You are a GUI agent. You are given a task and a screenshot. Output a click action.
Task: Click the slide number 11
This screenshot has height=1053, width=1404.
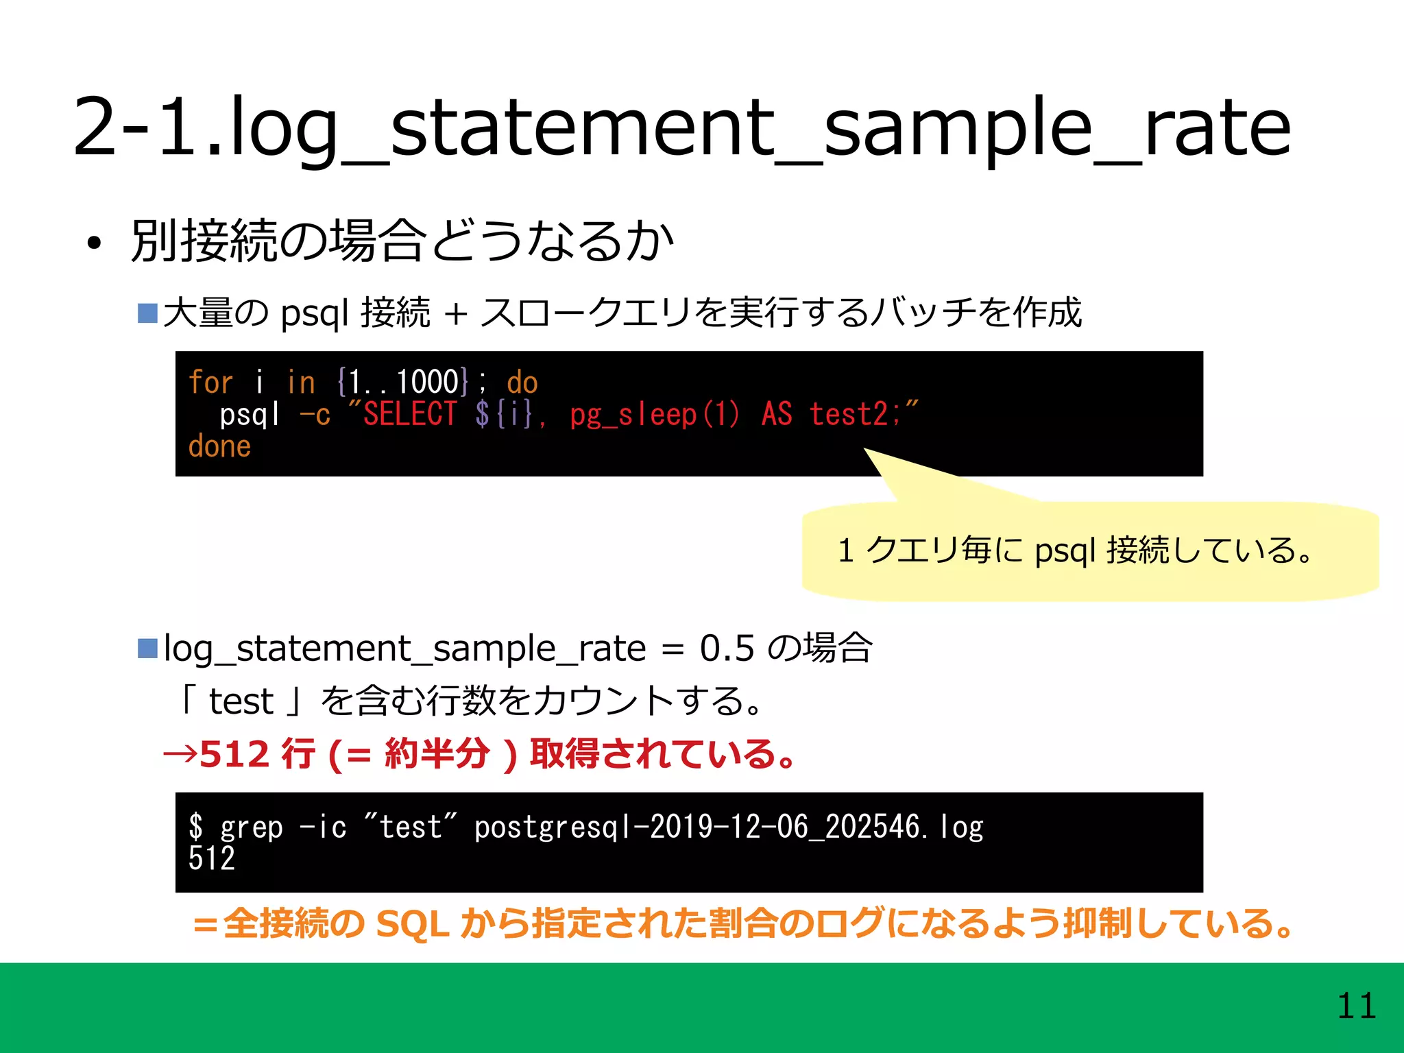pyautogui.click(x=1356, y=1006)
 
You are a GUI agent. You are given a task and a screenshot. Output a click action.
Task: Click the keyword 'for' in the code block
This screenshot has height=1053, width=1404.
pyautogui.click(x=210, y=382)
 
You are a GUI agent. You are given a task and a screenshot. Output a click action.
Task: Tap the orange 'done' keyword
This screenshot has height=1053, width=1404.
pyautogui.click(x=219, y=446)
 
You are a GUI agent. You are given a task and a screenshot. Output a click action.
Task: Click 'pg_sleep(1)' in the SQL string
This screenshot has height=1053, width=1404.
pyautogui.click(x=654, y=415)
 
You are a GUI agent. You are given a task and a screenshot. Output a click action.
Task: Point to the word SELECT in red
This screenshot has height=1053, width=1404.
pyautogui.click(x=409, y=414)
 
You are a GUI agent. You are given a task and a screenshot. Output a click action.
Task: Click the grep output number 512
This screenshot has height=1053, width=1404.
pyautogui.click(x=212, y=858)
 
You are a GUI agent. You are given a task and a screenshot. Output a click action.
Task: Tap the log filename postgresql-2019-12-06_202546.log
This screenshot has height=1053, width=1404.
pyautogui.click(x=728, y=827)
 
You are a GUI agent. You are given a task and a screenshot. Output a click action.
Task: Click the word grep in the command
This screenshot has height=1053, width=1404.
pyautogui.click(x=251, y=827)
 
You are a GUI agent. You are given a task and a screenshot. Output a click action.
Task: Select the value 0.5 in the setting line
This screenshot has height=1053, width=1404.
pyautogui.click(x=727, y=648)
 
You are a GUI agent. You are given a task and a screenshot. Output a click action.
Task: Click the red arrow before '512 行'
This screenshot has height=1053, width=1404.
pyautogui.click(x=180, y=755)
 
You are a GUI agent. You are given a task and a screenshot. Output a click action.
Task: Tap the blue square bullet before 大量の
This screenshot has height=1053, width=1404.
pyautogui.click(x=147, y=313)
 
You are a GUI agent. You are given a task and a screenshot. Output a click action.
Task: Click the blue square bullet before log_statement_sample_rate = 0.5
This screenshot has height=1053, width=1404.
pyautogui.click(x=147, y=648)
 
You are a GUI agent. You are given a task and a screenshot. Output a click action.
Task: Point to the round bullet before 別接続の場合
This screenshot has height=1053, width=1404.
pyautogui.click(x=94, y=243)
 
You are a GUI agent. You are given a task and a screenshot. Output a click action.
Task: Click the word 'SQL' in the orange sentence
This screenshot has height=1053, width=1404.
pyautogui.click(x=413, y=923)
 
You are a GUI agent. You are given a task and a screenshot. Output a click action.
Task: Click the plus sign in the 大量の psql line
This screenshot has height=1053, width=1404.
pyautogui.click(x=455, y=314)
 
